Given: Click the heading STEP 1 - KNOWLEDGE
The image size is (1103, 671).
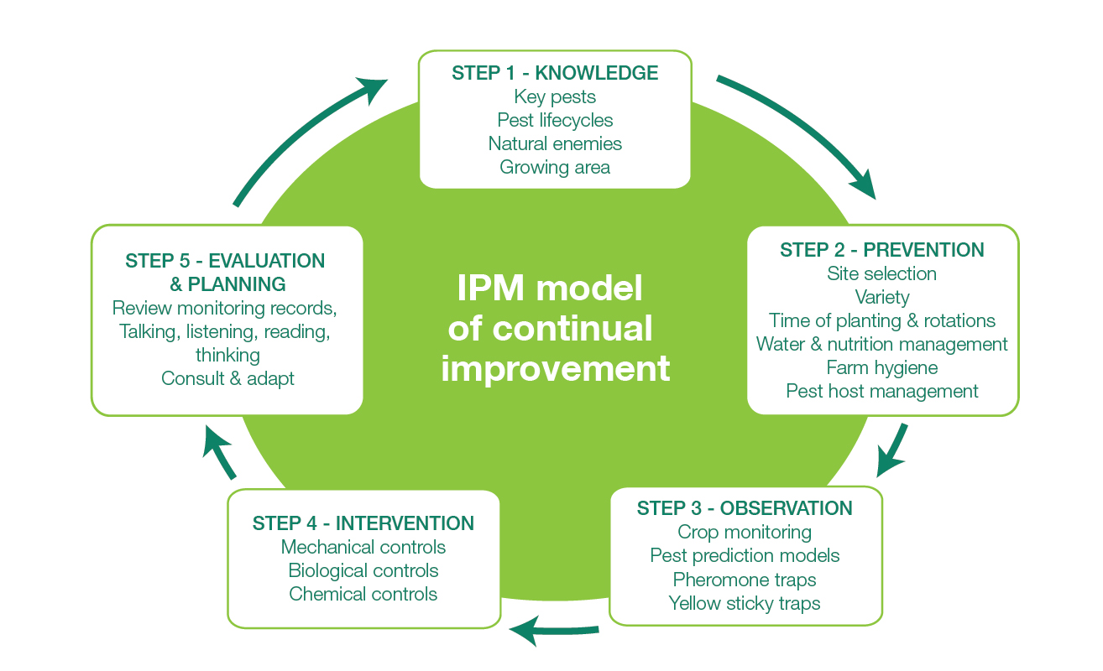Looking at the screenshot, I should (x=555, y=73).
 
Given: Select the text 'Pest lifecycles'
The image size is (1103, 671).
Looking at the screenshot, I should (x=555, y=120).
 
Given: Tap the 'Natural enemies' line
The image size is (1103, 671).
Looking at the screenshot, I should (x=555, y=143).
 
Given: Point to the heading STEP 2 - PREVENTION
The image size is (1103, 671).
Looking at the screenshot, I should (x=881, y=250).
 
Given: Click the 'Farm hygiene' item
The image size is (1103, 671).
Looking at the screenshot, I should (x=881, y=367).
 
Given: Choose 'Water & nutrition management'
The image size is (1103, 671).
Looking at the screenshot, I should (x=881, y=344).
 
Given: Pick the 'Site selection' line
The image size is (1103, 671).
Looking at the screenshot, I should (x=881, y=273).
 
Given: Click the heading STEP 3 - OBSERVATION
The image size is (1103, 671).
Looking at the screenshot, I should (x=745, y=508).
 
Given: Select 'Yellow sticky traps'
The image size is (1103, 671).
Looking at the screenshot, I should (x=745, y=603).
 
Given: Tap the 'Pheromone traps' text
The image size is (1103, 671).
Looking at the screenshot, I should (x=745, y=580).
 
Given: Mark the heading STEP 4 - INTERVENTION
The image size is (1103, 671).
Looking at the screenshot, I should (x=363, y=523).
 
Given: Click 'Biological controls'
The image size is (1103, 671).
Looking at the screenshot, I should (x=363, y=570).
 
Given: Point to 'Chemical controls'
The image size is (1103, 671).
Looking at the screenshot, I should (x=363, y=594).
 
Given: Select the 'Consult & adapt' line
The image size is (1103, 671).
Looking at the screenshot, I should (x=227, y=378).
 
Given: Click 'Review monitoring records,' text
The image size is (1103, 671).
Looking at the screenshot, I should (x=225, y=308).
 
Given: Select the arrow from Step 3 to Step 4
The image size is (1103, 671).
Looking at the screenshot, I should (x=554, y=629).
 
